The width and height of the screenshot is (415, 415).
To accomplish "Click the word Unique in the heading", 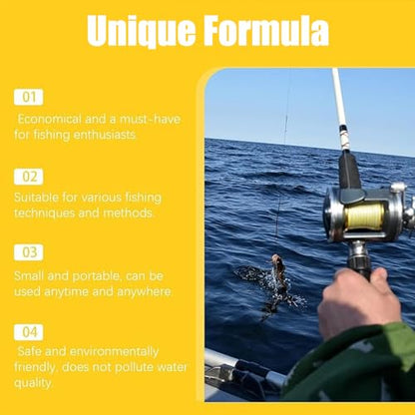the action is click(142, 31).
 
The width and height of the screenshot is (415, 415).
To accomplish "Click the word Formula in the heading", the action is click(266, 30).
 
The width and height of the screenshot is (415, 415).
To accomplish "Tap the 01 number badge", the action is click(29, 97).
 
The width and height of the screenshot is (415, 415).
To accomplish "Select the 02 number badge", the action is click(29, 177).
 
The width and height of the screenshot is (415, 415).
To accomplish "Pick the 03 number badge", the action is click(29, 252).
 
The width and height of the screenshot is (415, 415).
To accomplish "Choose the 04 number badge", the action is click(29, 332).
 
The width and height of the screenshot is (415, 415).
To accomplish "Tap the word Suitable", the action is click(36, 198).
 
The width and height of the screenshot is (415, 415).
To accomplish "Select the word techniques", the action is click(44, 213).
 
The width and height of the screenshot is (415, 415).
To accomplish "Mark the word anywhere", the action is click(145, 292).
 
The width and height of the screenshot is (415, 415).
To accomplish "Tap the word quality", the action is click(33, 383).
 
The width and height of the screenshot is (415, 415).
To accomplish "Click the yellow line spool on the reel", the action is click(364, 216).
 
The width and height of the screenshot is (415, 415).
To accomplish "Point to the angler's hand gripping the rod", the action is click(357, 301).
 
